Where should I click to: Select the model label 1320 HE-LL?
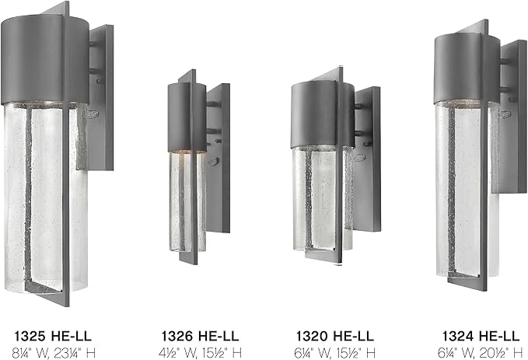(x=334, y=336)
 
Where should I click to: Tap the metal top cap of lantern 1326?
(x=182, y=117)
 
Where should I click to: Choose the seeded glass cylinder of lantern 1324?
(x=462, y=187)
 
